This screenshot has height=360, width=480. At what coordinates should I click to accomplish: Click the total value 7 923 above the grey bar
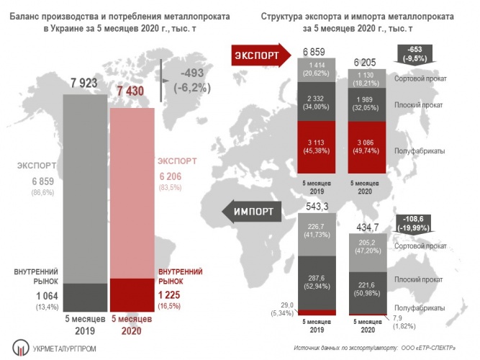85,83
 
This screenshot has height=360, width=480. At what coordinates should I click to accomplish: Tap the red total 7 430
132,90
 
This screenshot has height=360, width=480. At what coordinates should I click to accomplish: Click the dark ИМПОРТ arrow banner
255,212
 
